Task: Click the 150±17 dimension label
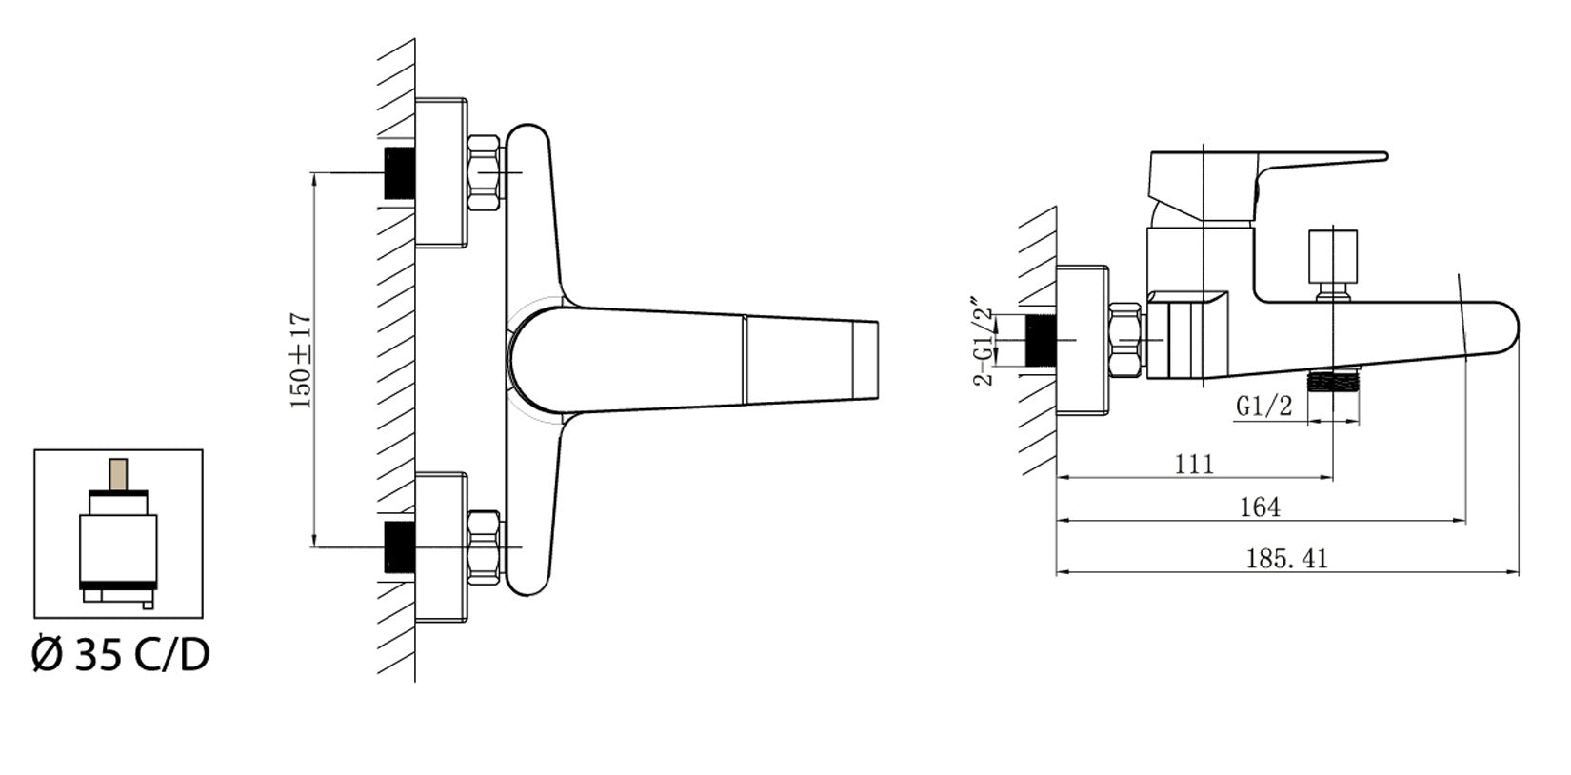pos(301,361)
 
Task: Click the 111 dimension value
pos(1194,465)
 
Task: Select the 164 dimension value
pos(1260,507)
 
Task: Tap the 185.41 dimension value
pos(1287,559)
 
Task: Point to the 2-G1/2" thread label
pos(984,346)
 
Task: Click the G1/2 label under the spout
pos(1263,407)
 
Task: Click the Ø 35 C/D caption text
pos(121,655)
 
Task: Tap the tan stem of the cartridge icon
pos(118,474)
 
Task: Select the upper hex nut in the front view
pos(484,172)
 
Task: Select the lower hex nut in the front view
pos(484,547)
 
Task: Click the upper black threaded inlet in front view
pos(399,172)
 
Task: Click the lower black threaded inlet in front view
pos(399,547)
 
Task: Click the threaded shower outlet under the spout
pos(1333,382)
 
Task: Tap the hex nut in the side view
pos(1126,340)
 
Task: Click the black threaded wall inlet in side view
pos(1041,340)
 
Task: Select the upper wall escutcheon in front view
pos(441,172)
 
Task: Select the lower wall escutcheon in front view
pos(441,547)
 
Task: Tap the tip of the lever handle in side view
pos(1384,156)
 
